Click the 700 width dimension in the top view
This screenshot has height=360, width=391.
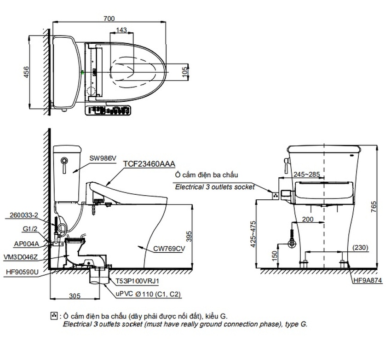[x=109, y=18]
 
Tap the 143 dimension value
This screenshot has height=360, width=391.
[x=121, y=30]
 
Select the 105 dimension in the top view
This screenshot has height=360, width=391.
[x=185, y=71]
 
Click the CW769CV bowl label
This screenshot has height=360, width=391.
[x=170, y=249]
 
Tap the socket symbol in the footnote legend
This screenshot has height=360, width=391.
[x=55, y=315]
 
